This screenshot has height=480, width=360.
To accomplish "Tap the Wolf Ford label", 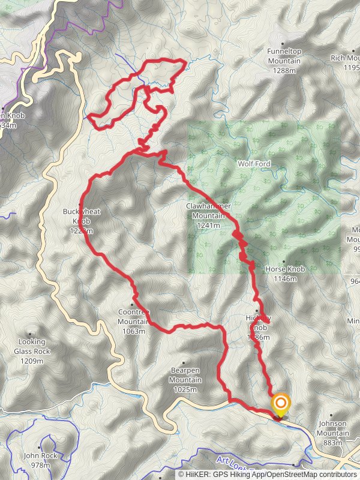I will (x=254, y=164).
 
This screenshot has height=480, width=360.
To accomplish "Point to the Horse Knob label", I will (x=285, y=269).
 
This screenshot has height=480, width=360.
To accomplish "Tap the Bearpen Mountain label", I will (x=185, y=376).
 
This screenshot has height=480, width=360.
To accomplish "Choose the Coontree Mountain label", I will (x=133, y=316).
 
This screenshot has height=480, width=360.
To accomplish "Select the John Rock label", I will (x=40, y=456).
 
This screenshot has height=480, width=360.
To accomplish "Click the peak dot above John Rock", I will (x=40, y=447).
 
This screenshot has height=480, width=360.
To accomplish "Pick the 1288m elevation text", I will (x=284, y=70).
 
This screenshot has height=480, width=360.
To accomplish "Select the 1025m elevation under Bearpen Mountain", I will (x=185, y=390).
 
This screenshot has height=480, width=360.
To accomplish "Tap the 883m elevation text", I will (x=334, y=443).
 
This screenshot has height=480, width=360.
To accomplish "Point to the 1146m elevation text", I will (x=285, y=279).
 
